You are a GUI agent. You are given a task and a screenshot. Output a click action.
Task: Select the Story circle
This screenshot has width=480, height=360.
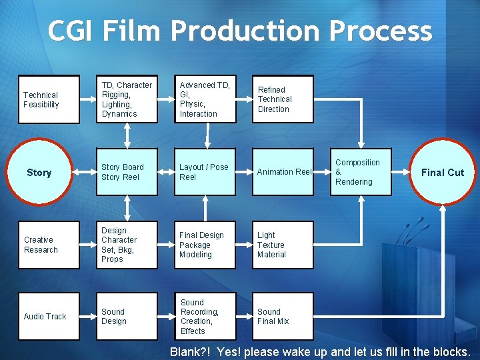pos(39,172)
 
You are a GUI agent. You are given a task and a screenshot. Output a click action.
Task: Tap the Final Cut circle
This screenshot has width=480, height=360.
pos(442,172)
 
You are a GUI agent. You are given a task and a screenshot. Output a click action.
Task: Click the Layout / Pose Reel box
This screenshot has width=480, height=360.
pos(205,172)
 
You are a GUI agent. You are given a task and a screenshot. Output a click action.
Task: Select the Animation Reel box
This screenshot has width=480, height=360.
pos(283,172)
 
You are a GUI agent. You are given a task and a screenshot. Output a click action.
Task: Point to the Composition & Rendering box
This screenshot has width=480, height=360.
pos(361,172)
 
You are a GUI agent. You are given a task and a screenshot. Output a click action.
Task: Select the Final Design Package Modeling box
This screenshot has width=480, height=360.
pos(205,245)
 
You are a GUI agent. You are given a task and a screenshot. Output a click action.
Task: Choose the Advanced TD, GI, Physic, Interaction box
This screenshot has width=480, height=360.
pos(205,99)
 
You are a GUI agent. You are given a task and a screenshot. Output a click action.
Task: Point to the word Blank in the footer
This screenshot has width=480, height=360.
pos(186,351)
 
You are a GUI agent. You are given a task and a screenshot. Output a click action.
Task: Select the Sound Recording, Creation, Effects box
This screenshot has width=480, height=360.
pos(205,316)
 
